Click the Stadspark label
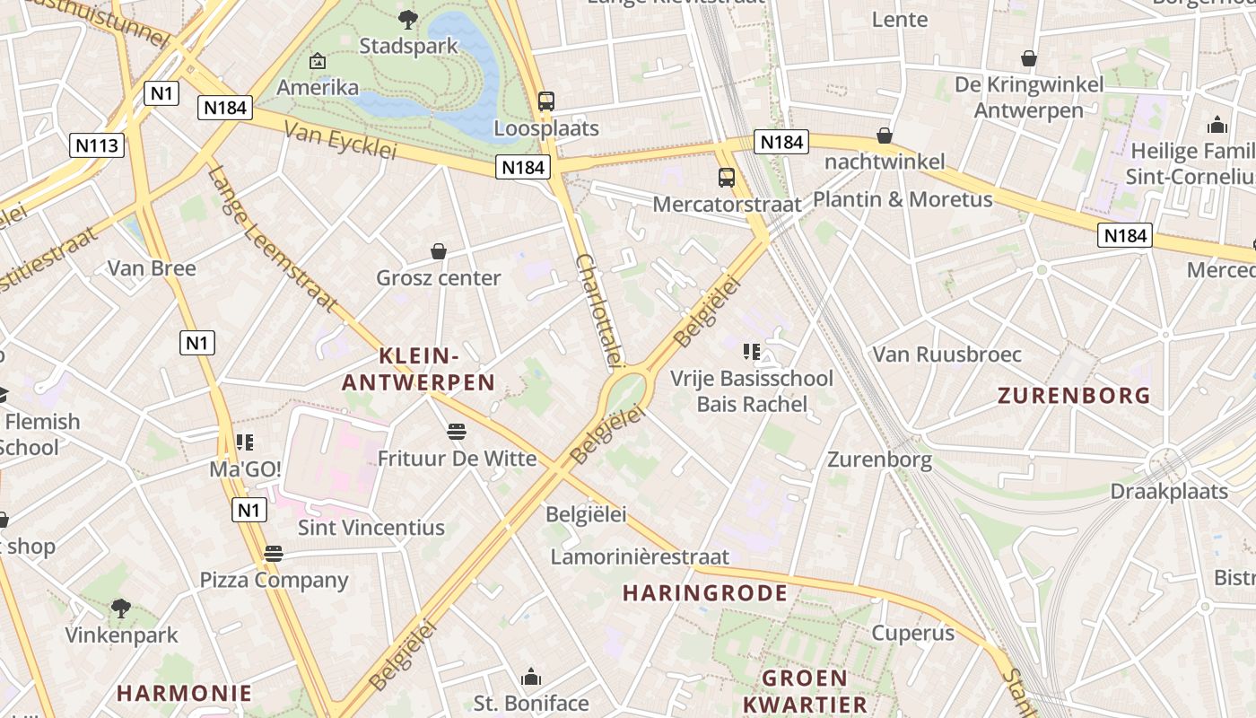[408, 46]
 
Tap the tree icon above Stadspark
[408, 18]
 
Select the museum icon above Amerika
[317, 61]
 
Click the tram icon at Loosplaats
[545, 101]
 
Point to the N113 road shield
[97, 145]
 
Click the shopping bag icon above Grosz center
[439, 251]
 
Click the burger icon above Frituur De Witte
[457, 432]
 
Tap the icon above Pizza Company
[274, 553]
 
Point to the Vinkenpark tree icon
[121, 609]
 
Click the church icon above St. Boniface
[531, 676]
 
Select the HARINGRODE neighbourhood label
[705, 593]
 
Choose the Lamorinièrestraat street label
[640, 557]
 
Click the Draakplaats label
[1169, 492]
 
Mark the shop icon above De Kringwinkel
[1029, 58]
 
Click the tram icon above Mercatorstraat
[727, 177]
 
